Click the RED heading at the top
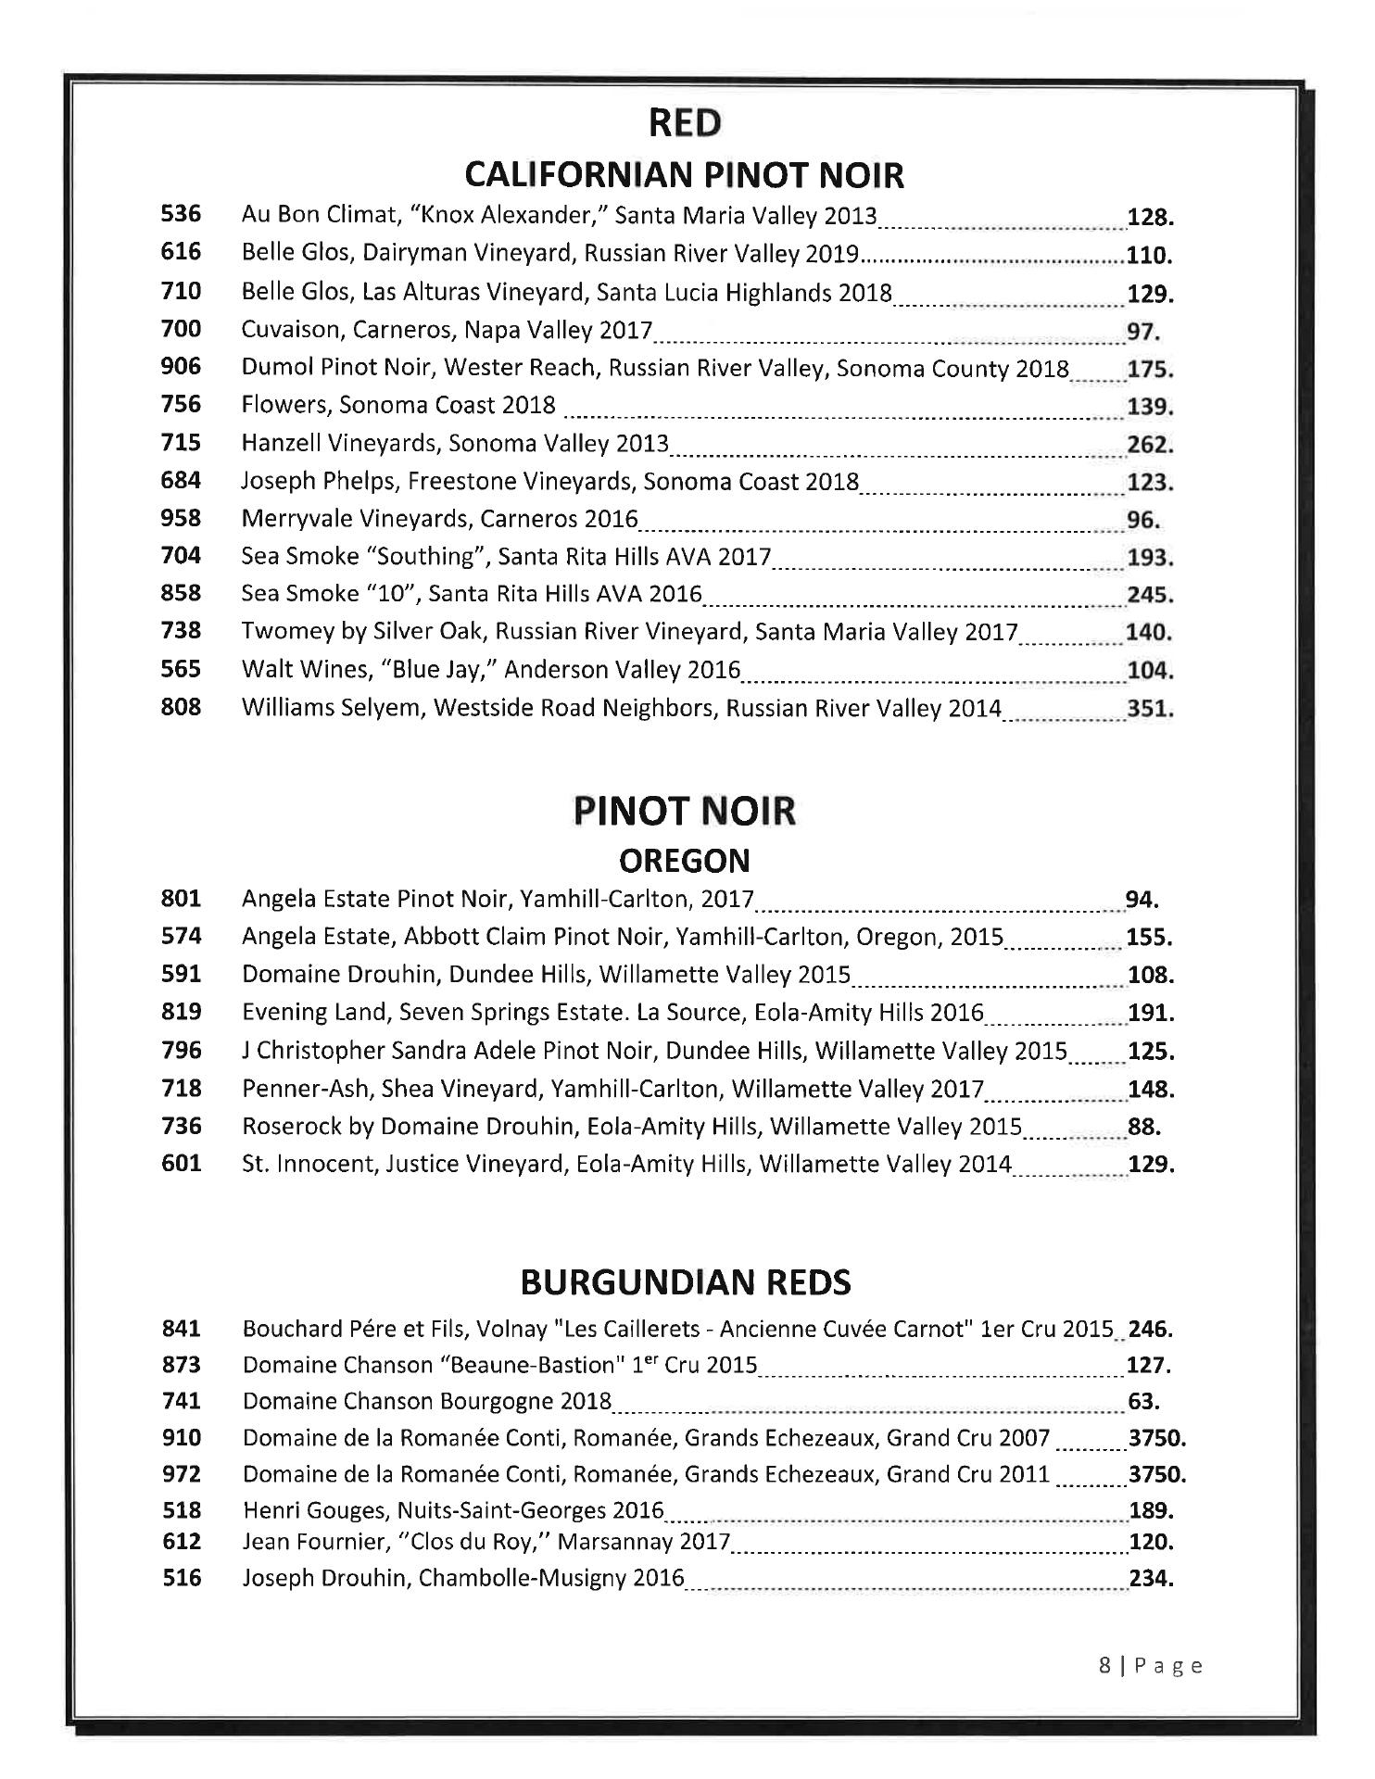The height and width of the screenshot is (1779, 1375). [685, 122]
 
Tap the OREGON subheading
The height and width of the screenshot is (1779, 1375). [685, 861]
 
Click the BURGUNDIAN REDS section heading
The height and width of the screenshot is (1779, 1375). [685, 1282]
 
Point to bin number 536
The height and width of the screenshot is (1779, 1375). [181, 214]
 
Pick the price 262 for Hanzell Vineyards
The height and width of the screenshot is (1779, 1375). [1150, 444]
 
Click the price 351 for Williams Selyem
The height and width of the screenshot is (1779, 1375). [1150, 709]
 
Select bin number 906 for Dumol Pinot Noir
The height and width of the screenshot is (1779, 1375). [181, 367]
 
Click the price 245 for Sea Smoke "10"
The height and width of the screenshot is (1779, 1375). [1150, 595]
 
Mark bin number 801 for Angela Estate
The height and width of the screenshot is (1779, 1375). [181, 898]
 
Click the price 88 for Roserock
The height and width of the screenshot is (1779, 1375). [1143, 1127]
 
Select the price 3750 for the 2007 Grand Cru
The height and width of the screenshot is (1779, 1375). [1157, 1438]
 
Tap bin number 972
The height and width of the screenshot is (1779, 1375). [181, 1473]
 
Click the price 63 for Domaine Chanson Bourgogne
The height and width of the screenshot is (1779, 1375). [1143, 1402]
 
